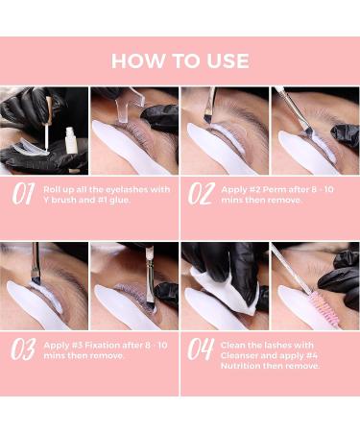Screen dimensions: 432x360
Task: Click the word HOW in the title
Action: (133, 60)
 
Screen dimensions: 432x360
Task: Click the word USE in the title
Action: (228, 60)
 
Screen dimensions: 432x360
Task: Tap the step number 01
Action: (22, 196)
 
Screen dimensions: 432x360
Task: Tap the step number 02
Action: (202, 196)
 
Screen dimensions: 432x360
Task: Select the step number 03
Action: (22, 349)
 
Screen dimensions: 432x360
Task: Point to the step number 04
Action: (202, 349)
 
